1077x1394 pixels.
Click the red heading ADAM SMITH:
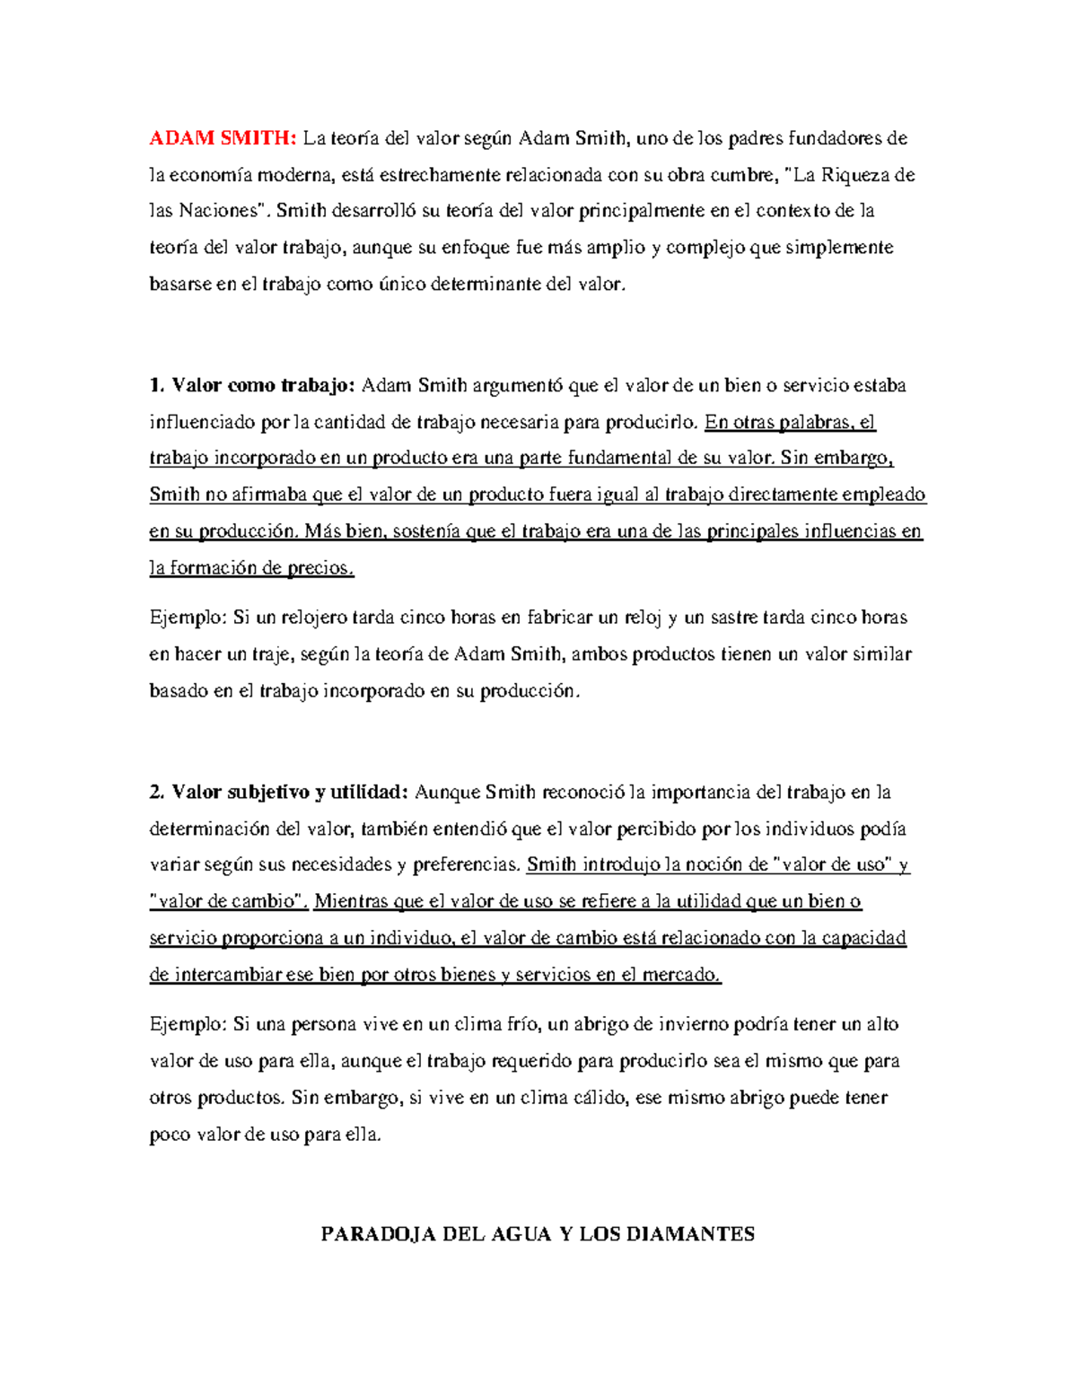(222, 138)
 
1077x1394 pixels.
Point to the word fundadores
(835, 138)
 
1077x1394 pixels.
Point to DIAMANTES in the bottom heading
(690, 1234)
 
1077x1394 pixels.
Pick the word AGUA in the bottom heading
(521, 1234)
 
